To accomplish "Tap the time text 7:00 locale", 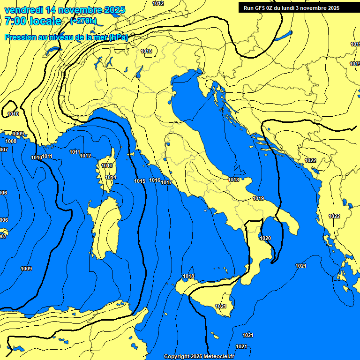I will [33, 21].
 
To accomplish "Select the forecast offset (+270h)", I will [83, 21].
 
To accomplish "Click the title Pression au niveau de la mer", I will [56, 37].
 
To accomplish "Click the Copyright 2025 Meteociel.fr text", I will [199, 357].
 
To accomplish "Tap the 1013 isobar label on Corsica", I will [107, 165].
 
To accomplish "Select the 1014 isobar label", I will [111, 177].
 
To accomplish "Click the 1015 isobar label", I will [140, 181].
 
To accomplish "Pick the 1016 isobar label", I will [155, 180].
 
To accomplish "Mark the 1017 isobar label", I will [166, 182].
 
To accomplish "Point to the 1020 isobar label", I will [265, 238].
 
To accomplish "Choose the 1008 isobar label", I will [11, 141].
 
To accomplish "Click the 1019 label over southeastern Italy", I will [258, 198].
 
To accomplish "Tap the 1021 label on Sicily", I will [221, 306].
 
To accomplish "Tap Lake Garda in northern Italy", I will [140, 71].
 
